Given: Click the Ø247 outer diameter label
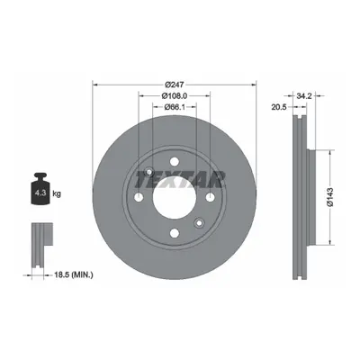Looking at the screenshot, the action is click(175, 85).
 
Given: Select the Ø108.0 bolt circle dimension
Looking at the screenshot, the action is click(175, 95).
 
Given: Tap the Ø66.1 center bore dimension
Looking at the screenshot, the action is click(175, 106).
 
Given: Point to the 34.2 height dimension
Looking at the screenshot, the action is click(304, 96).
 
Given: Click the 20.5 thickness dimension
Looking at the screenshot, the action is click(279, 107).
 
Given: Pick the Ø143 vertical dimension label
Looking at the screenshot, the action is click(330, 197).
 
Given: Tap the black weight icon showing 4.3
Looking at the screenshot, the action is click(40, 189).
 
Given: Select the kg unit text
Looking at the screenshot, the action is click(57, 193).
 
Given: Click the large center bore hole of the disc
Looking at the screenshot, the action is click(175, 197).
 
